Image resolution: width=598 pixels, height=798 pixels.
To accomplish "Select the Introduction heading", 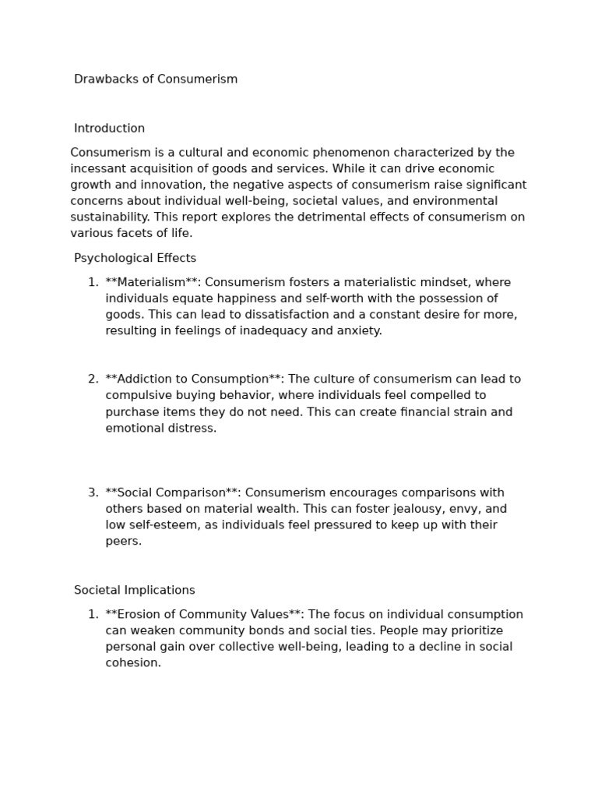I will click(x=109, y=129).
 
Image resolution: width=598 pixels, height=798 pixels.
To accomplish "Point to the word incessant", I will click(x=98, y=169).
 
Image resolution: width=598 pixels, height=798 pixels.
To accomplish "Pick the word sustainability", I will click(x=109, y=217).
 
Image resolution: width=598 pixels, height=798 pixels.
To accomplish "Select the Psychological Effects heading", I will click(x=135, y=258).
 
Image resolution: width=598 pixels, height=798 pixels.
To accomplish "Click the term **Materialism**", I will click(x=152, y=282).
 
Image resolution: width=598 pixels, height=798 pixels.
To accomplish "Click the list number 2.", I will click(x=93, y=380).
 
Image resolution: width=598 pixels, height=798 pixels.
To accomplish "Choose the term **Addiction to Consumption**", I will click(x=194, y=380).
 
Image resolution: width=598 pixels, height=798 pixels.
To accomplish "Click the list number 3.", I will click(x=93, y=493).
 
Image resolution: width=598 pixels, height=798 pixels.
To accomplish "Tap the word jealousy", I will click(x=409, y=509).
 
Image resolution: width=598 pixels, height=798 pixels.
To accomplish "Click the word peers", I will click(x=123, y=542).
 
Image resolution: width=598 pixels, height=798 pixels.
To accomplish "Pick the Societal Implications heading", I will click(x=134, y=591).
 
